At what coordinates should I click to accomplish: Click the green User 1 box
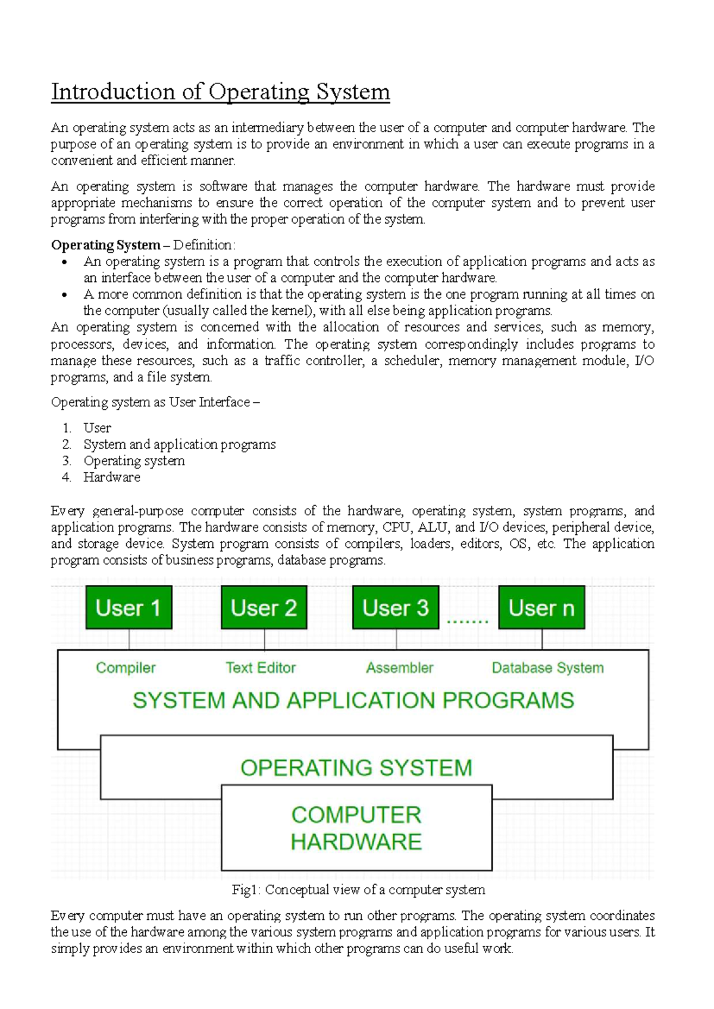coord(129,607)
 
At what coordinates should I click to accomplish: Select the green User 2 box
coord(264,607)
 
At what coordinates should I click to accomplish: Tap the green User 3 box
coord(396,607)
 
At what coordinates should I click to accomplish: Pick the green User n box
coord(541,607)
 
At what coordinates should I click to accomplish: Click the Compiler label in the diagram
coord(126,668)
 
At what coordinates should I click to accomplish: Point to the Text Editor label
coord(261,668)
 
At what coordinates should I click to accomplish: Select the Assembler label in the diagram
coord(399,668)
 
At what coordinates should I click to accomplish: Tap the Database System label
coord(547,668)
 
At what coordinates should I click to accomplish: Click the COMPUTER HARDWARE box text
coord(356,828)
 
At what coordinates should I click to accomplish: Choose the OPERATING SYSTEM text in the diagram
coord(356,767)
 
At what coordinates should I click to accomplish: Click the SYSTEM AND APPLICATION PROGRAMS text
coord(353,700)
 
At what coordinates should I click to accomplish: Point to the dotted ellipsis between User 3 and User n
coord(467,621)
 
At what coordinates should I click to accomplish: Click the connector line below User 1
coord(129,639)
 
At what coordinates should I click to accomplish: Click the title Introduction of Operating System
coord(220,92)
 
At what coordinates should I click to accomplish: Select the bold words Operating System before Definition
coord(105,245)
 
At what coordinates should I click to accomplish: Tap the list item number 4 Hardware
coord(111,477)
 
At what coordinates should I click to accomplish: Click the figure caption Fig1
coord(358,889)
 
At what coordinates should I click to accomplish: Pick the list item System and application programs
coord(179,444)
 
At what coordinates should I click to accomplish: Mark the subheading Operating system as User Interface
coord(155,402)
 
